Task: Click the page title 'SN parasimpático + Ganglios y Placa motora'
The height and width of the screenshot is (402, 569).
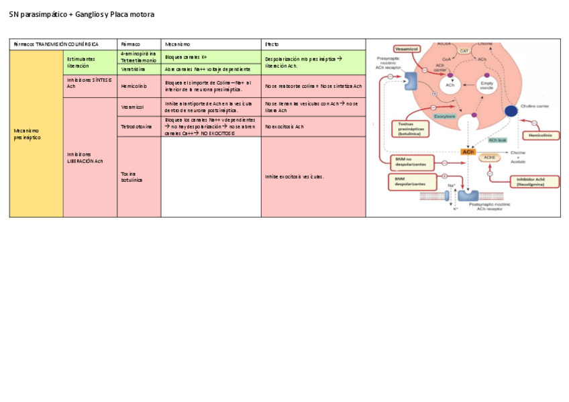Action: click(x=81, y=14)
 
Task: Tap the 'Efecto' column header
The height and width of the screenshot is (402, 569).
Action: click(x=272, y=44)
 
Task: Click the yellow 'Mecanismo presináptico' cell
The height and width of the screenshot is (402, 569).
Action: click(x=36, y=134)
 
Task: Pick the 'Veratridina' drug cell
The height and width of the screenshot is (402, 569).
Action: click(x=134, y=69)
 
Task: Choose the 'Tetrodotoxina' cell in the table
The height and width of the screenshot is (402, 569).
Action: click(x=136, y=127)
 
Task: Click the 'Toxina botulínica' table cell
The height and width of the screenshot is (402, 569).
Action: click(x=132, y=177)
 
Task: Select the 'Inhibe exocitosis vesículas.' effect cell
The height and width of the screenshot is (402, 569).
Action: click(x=295, y=177)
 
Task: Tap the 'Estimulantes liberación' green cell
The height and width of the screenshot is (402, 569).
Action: click(x=81, y=62)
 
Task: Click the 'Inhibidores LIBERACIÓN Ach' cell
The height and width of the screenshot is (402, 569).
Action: click(x=85, y=158)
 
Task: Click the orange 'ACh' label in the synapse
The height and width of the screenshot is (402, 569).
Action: click(x=468, y=152)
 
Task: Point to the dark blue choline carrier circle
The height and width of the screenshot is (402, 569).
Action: click(x=511, y=111)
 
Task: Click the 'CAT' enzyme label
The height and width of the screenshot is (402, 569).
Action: click(x=464, y=51)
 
